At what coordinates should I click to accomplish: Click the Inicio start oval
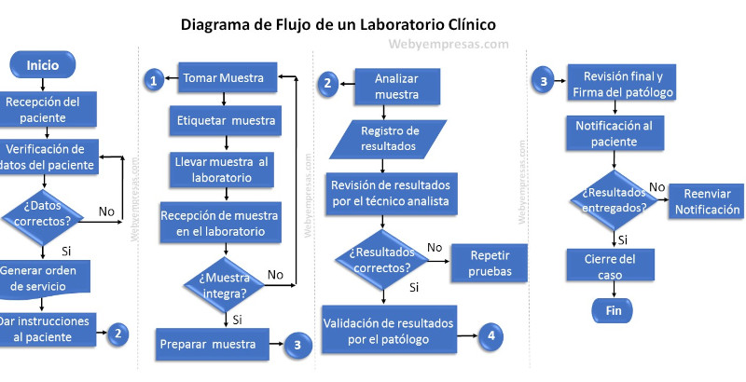click(42, 65)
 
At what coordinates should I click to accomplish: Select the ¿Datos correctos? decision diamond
click(43, 212)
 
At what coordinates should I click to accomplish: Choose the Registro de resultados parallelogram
click(389, 137)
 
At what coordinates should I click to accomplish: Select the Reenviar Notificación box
click(706, 201)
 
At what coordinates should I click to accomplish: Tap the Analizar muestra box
click(396, 87)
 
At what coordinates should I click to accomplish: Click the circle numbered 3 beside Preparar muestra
click(297, 344)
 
